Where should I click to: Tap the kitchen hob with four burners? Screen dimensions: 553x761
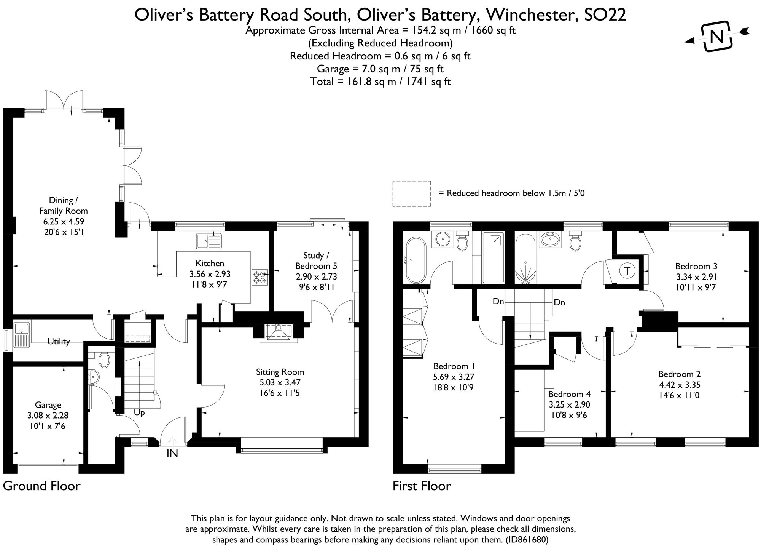coord(260,277)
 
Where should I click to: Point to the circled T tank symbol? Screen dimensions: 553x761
coord(627,271)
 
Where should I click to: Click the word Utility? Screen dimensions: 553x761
coord(59,341)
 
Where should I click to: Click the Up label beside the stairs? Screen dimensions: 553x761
coord(139,412)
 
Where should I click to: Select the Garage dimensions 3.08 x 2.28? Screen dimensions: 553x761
coord(48,416)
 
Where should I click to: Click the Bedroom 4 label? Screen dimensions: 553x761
coord(569,394)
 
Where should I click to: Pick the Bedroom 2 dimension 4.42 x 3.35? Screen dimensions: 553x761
coord(679,385)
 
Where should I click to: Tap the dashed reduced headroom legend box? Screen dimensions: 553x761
coord(412,194)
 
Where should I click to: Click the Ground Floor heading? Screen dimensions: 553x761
coord(42,486)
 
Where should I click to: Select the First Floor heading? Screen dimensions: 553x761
coord(422,486)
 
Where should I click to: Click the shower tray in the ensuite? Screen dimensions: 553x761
coord(494,258)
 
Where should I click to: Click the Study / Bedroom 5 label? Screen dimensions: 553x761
coord(316,261)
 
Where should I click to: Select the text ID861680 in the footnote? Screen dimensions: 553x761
coord(527,540)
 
